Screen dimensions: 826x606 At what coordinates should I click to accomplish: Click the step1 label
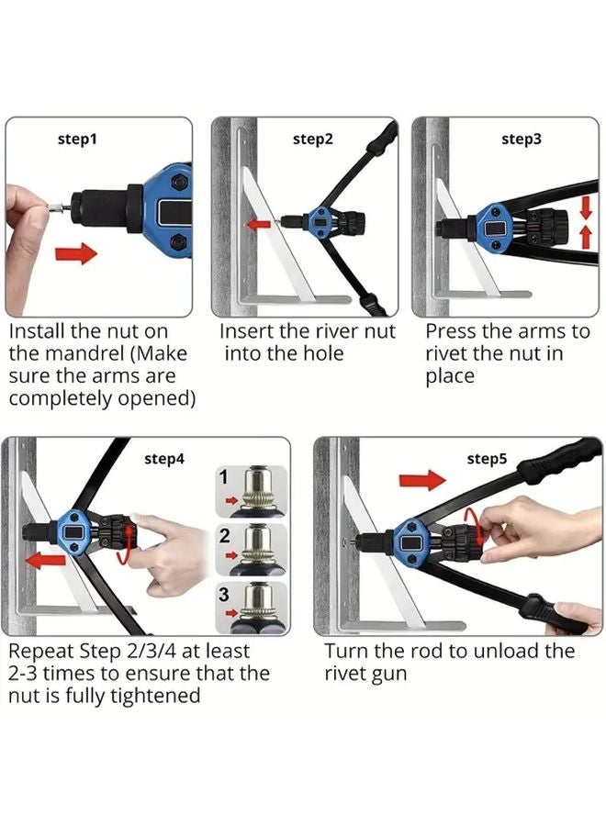pyautogui.click(x=77, y=140)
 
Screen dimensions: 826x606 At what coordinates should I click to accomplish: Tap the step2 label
pyautogui.click(x=313, y=140)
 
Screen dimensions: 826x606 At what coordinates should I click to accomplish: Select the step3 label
pyautogui.click(x=522, y=140)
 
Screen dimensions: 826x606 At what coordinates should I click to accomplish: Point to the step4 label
pyautogui.click(x=164, y=457)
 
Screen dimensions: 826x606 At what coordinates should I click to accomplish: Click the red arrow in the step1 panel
pyautogui.click(x=76, y=252)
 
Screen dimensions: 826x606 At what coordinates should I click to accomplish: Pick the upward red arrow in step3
pyautogui.click(x=586, y=237)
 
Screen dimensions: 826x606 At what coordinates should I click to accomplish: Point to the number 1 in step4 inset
pyautogui.click(x=223, y=477)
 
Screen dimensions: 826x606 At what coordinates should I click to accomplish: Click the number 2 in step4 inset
pyautogui.click(x=223, y=538)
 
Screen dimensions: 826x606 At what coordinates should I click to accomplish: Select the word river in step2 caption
pyautogui.click(x=330, y=331)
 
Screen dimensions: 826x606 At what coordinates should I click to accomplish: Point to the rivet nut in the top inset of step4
pyautogui.click(x=256, y=490)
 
